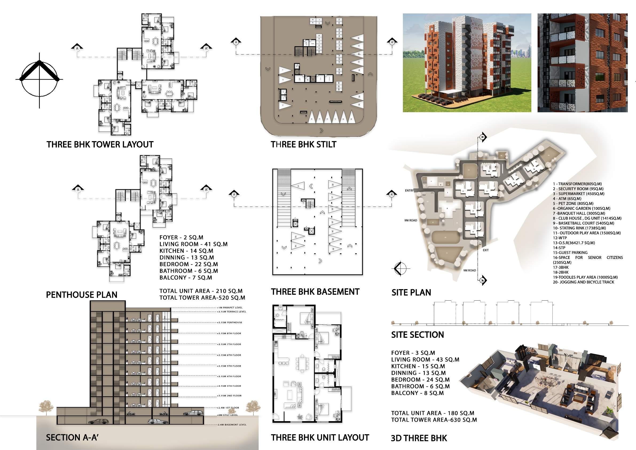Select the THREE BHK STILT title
(x=303, y=145)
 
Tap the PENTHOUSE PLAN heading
(x=82, y=295)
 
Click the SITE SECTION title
(x=417, y=335)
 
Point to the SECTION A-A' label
(x=72, y=437)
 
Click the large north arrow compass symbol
(x=39, y=80)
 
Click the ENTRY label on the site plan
(x=409, y=191)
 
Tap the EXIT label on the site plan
(x=486, y=250)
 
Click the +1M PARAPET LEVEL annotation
(x=230, y=308)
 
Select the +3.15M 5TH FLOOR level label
(x=229, y=366)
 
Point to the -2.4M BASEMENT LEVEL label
(x=231, y=425)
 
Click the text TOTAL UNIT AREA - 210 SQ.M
(x=201, y=291)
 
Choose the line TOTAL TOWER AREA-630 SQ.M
(x=434, y=420)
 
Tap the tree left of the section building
(x=46, y=408)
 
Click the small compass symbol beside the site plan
(x=401, y=268)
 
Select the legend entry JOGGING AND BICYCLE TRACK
(x=583, y=282)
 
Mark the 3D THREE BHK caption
(x=419, y=438)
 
